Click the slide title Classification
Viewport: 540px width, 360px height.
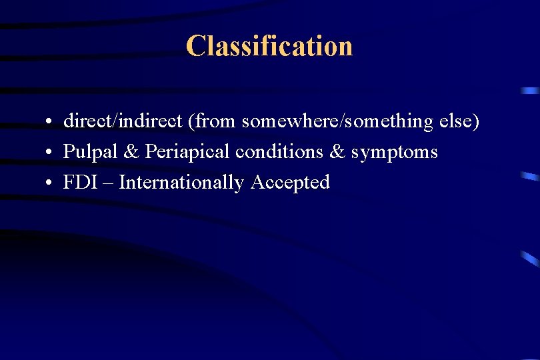click(x=269, y=46)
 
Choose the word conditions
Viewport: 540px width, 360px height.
click(x=279, y=152)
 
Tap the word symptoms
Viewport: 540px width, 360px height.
click(x=395, y=153)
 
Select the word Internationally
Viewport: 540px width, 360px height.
click(x=181, y=183)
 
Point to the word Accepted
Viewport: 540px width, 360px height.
click(x=290, y=183)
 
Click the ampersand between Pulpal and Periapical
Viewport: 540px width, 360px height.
click(x=131, y=152)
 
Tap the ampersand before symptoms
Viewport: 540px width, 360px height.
click(x=337, y=152)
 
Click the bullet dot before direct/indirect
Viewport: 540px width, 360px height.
click(x=49, y=123)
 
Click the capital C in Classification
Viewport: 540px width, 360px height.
click(x=195, y=46)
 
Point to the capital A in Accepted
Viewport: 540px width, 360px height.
click(x=257, y=182)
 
